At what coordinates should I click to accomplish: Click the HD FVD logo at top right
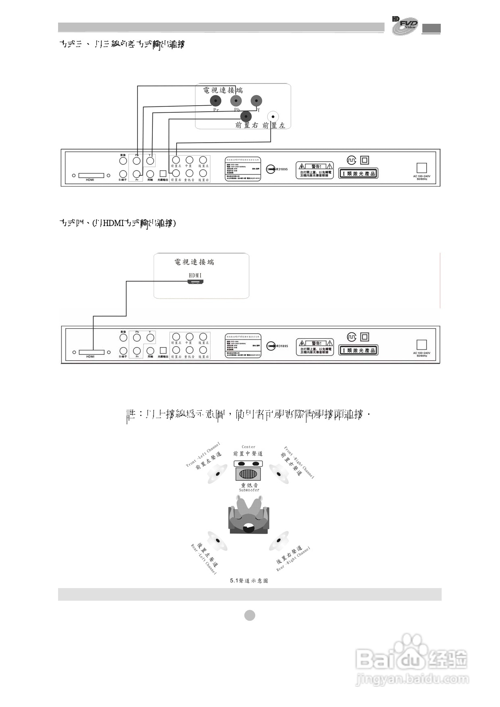click(x=405, y=25)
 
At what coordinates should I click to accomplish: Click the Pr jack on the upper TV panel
click(x=216, y=100)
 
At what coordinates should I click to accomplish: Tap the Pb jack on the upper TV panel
click(x=236, y=100)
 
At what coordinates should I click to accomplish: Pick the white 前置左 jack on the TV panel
click(x=274, y=116)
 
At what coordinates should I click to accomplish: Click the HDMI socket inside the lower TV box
click(x=195, y=282)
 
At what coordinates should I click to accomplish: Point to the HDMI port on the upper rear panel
click(x=92, y=175)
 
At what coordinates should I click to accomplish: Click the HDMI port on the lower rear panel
click(x=92, y=352)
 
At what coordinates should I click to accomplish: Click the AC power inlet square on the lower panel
click(x=421, y=345)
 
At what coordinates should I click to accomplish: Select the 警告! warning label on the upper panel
click(x=315, y=171)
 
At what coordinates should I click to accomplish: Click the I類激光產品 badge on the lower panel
click(x=358, y=350)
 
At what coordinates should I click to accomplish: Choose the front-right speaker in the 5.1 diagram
click(x=279, y=473)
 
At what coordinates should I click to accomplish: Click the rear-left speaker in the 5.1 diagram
click(x=217, y=540)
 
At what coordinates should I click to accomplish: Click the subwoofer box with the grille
click(x=248, y=471)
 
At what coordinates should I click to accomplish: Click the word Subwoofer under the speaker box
click(x=249, y=490)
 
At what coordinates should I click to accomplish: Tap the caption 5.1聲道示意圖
click(x=249, y=581)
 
